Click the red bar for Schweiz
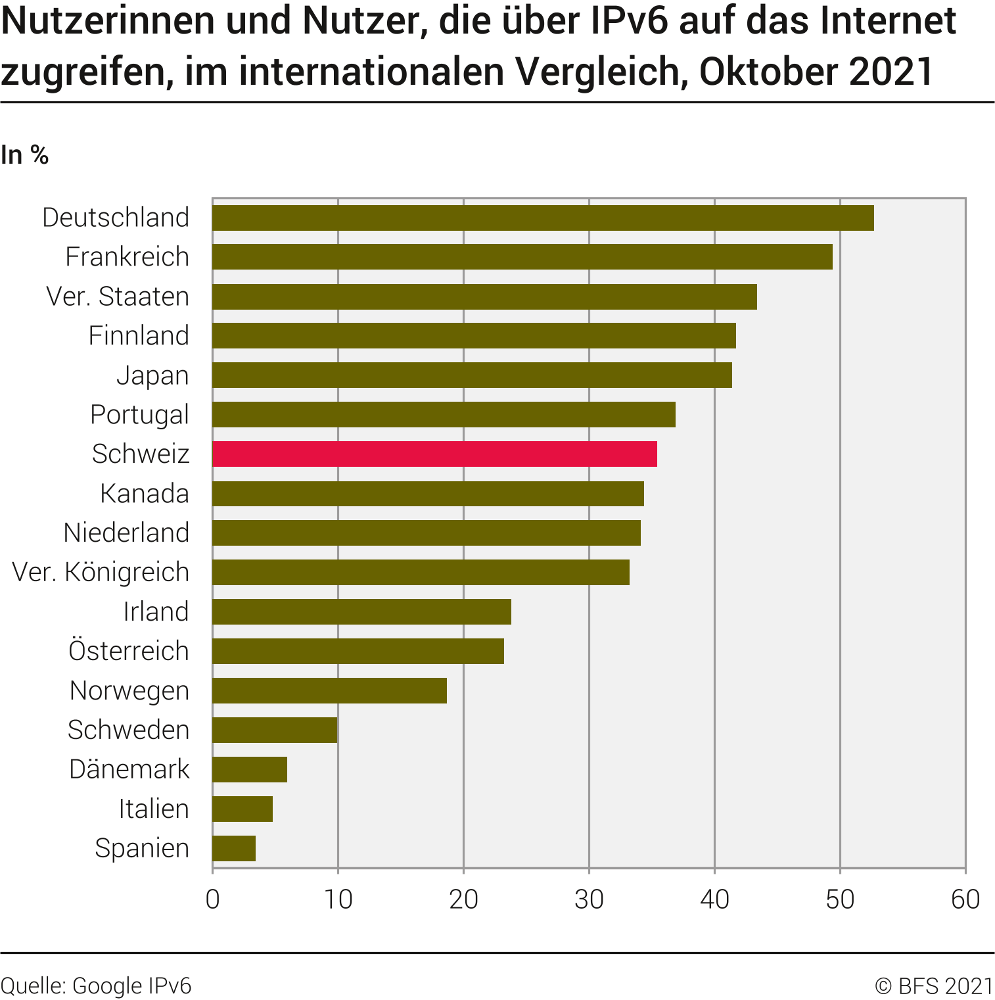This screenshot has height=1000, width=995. pyautogui.click(x=434, y=454)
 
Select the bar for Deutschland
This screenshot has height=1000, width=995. pyautogui.click(x=543, y=218)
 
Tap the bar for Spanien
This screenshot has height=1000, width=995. pyautogui.click(x=234, y=848)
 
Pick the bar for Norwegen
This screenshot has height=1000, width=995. pyautogui.click(x=329, y=690)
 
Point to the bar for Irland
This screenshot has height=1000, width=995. pyautogui.click(x=361, y=611)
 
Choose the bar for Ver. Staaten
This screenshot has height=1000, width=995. pyautogui.click(x=484, y=297)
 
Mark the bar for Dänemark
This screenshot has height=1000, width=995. pyautogui.click(x=250, y=769)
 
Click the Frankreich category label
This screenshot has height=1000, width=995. pyautogui.click(x=127, y=257)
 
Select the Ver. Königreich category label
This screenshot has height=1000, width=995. pyautogui.click(x=101, y=572)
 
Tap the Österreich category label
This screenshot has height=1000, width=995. pyautogui.click(x=129, y=651)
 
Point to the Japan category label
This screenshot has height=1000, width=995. pyautogui.click(x=152, y=375)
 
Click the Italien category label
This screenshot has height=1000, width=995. pyautogui.click(x=154, y=809)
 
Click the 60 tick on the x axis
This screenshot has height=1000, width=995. pyautogui.click(x=965, y=899)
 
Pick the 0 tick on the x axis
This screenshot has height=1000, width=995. pyautogui.click(x=212, y=899)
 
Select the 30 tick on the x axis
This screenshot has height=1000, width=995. pyautogui.click(x=589, y=899)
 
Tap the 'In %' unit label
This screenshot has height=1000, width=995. pyautogui.click(x=25, y=155)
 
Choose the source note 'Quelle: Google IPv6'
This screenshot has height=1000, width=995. pyautogui.click(x=96, y=986)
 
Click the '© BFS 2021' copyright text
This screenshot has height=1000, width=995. pyautogui.click(x=934, y=986)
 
